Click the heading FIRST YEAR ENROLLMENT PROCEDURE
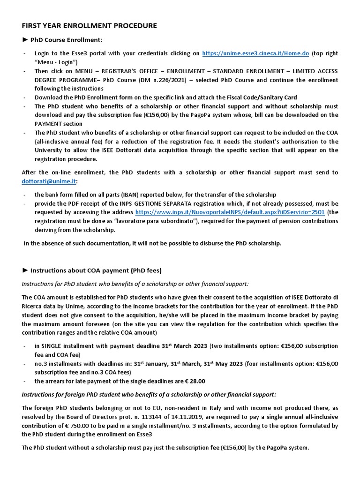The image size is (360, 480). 89,26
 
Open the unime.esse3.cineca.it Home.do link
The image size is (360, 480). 255,53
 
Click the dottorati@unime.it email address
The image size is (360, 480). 49,181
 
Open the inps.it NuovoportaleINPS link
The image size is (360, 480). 230,212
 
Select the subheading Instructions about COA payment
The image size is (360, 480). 96,270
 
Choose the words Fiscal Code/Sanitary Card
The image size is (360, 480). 256,97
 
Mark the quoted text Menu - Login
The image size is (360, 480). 56,62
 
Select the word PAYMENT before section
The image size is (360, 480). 51,124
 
